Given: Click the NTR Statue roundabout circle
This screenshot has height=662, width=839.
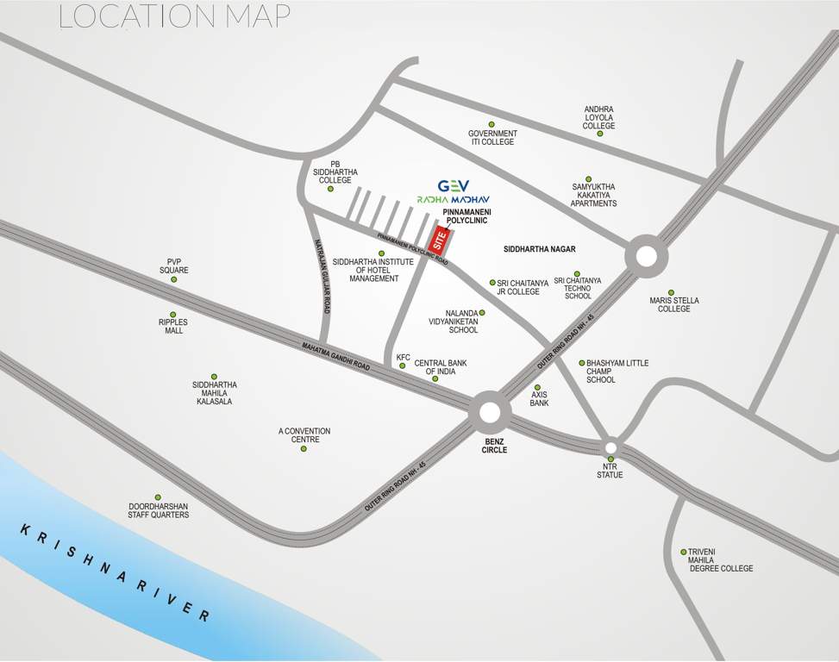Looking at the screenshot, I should pyautogui.click(x=610, y=447).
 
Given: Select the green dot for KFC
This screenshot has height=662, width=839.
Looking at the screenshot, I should pyautogui.click(x=403, y=366).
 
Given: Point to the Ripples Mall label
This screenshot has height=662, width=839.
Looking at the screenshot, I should pyautogui.click(x=172, y=326).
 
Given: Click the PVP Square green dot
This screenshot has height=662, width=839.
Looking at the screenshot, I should pyautogui.click(x=173, y=279).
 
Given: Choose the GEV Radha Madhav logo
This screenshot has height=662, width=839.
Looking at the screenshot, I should pyautogui.click(x=454, y=190).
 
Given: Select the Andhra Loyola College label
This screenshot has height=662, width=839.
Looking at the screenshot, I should pyautogui.click(x=598, y=118).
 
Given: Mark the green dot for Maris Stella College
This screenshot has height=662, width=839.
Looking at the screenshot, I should pyautogui.click(x=672, y=292).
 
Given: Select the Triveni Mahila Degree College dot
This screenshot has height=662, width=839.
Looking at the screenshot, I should pyautogui.click(x=684, y=552).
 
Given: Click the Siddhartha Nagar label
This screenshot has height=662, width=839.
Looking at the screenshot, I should pyautogui.click(x=539, y=249).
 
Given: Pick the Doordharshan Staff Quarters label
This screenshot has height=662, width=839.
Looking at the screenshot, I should pyautogui.click(x=159, y=510).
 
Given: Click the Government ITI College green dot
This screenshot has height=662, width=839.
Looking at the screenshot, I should pyautogui.click(x=492, y=124).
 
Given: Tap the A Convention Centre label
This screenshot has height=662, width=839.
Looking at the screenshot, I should pyautogui.click(x=304, y=435).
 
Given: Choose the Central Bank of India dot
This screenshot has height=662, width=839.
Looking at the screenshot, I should pyautogui.click(x=435, y=378).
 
